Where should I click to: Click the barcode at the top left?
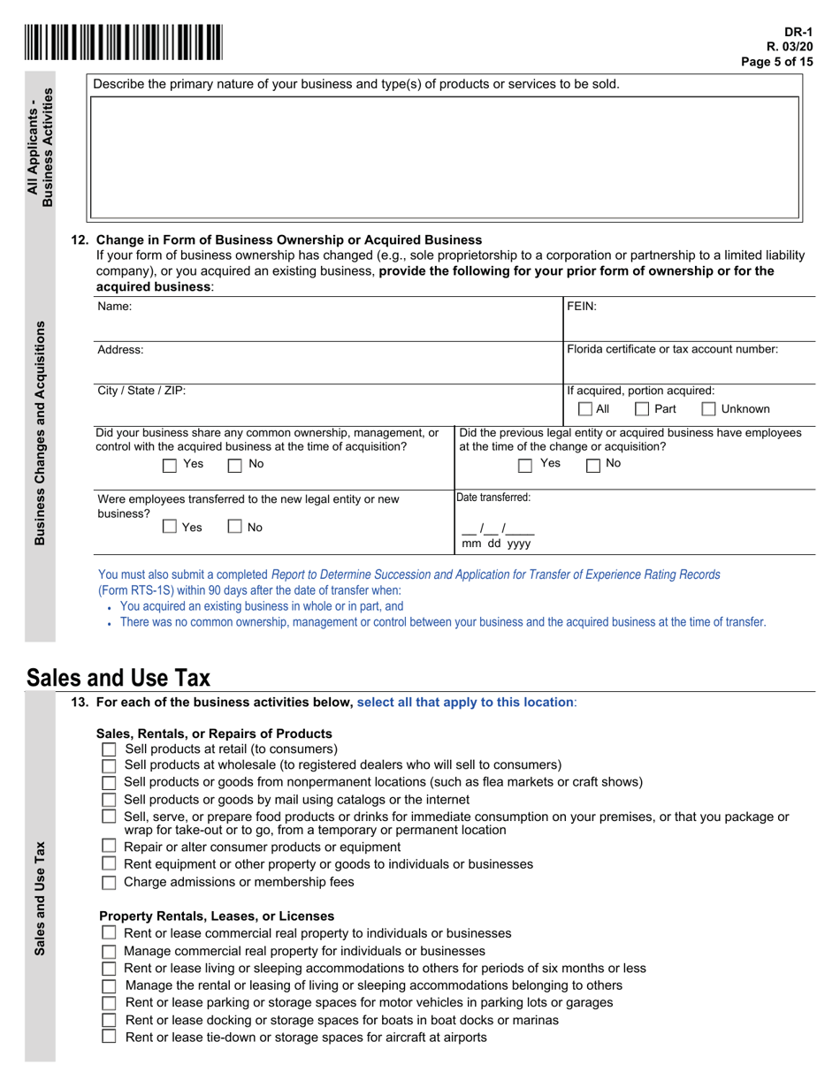point(124,42)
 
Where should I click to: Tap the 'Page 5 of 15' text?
point(776,61)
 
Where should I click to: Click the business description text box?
point(445,156)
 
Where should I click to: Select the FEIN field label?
point(582,307)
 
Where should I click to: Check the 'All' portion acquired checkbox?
point(585,409)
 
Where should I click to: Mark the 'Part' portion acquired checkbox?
point(643,409)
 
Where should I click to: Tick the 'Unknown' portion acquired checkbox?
point(708,409)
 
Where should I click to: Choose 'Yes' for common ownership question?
point(170,464)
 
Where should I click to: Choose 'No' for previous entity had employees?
point(593,464)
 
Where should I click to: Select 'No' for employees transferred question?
point(235,528)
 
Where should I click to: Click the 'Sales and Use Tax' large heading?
point(118,678)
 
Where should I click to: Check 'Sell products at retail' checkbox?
point(109,749)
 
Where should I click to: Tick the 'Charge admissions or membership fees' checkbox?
point(109,882)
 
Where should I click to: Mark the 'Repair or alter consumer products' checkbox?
point(109,847)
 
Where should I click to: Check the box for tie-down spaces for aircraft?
point(109,1037)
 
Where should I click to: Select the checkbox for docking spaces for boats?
point(109,1020)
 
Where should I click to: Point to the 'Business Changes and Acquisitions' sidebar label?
point(40,433)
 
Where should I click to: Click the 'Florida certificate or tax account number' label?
point(672,349)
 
